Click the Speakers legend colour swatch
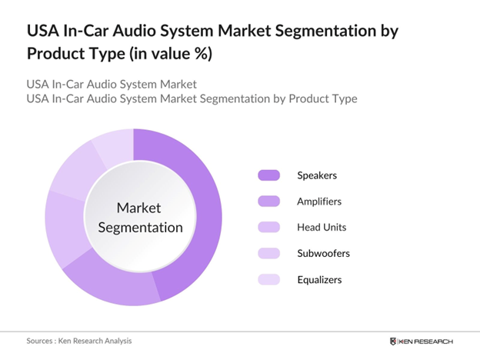(268, 175)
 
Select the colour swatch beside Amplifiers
(268, 202)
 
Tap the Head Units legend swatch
(268, 228)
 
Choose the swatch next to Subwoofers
(268, 253)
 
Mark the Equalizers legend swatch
(268, 279)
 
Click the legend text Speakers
(317, 175)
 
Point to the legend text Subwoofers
(324, 253)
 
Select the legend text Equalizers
(320, 279)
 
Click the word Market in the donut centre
(138, 208)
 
